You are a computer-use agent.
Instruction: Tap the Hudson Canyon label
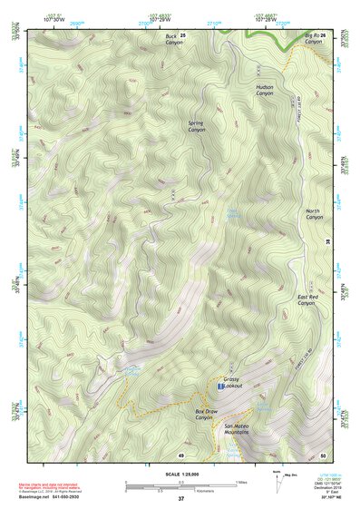click(x=264, y=89)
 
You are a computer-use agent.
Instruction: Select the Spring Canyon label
click(x=197, y=126)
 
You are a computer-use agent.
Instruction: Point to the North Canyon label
click(x=314, y=214)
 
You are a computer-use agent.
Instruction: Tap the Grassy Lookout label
click(x=237, y=386)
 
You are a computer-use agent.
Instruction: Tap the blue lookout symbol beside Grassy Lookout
click(x=220, y=387)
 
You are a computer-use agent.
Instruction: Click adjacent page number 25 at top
click(x=182, y=34)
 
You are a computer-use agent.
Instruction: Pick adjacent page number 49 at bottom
click(x=181, y=454)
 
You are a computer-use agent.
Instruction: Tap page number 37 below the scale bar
click(x=181, y=498)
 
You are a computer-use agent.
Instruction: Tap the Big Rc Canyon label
click(x=313, y=38)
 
